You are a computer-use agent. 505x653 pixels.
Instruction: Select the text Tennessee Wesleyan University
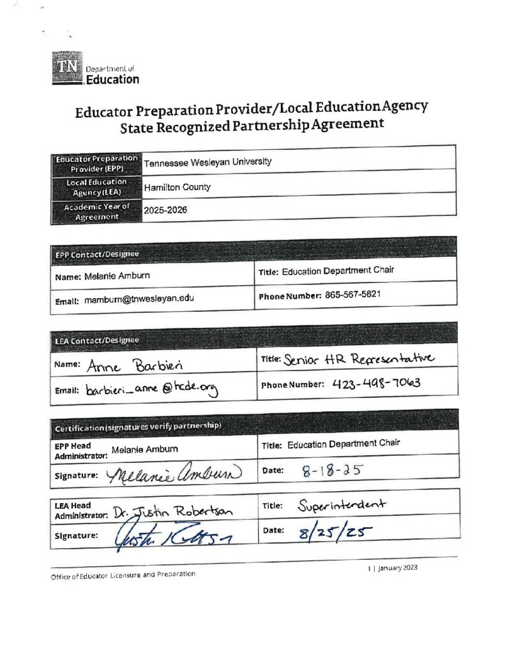pyautogui.click(x=207, y=162)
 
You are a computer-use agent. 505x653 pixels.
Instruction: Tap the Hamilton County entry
pyautogui.click(x=177, y=187)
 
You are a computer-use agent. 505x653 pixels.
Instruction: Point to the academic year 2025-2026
pyautogui.click(x=165, y=210)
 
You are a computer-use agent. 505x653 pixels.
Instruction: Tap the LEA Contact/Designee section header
pyautogui.click(x=87, y=341)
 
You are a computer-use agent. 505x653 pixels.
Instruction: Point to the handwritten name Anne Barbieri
pyautogui.click(x=127, y=365)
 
